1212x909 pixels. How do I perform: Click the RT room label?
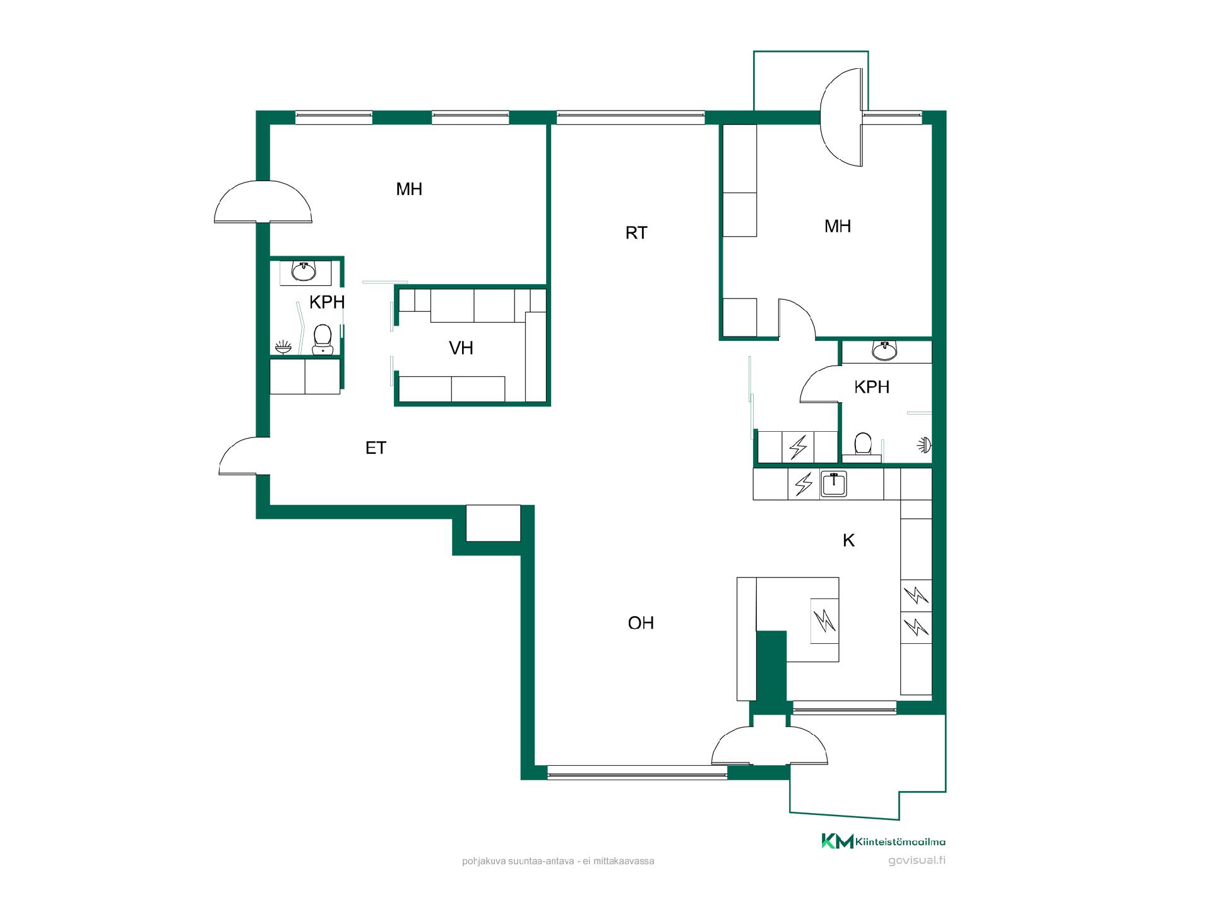click(636, 233)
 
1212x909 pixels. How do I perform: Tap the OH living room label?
click(641, 623)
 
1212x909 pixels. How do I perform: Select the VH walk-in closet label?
click(461, 348)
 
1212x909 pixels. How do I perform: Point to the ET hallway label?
click(376, 448)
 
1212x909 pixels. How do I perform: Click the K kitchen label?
click(849, 540)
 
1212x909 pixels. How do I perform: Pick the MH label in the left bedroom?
click(409, 189)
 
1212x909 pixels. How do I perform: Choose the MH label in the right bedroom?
click(838, 226)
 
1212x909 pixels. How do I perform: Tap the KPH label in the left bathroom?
click(327, 302)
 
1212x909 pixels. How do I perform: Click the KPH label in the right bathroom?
click(872, 387)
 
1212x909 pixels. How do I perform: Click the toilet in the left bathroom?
click(323, 340)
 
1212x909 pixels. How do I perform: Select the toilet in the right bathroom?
click(862, 444)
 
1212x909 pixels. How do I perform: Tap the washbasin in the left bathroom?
click(304, 271)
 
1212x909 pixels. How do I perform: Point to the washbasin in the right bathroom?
click(885, 350)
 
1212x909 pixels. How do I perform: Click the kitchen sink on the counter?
click(834, 484)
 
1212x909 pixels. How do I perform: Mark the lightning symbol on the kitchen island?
click(824, 621)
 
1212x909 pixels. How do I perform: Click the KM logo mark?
click(837, 841)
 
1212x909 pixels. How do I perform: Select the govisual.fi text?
click(917, 860)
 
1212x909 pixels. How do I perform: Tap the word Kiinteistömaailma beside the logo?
click(901, 841)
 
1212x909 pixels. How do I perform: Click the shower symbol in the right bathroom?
click(924, 445)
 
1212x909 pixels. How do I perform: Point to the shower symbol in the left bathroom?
click(283, 347)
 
